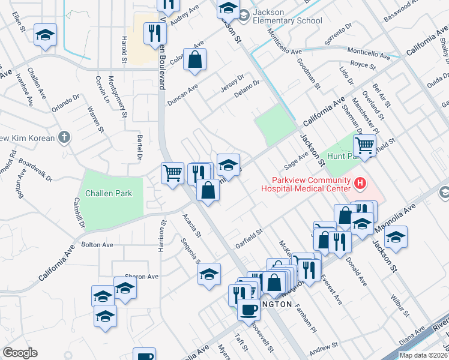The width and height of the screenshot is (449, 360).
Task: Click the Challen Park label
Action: click(x=108, y=193)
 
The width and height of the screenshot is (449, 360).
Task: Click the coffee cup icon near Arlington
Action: click(x=249, y=310)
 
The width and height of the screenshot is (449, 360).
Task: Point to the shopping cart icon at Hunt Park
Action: click(x=364, y=145)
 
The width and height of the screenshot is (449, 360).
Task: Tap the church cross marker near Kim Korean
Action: click(x=64, y=137)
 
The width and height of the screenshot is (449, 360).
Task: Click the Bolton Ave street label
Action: click(x=97, y=245)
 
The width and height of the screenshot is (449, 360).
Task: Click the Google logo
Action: click(x=19, y=353)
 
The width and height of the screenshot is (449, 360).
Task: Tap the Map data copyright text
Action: click(x=424, y=355)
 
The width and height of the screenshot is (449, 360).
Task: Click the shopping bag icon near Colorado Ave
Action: click(x=195, y=59)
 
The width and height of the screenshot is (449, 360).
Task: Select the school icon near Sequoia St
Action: click(x=208, y=274)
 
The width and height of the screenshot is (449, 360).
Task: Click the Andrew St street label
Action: click(x=324, y=349)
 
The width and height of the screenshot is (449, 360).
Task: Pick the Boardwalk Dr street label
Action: click(x=36, y=170)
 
